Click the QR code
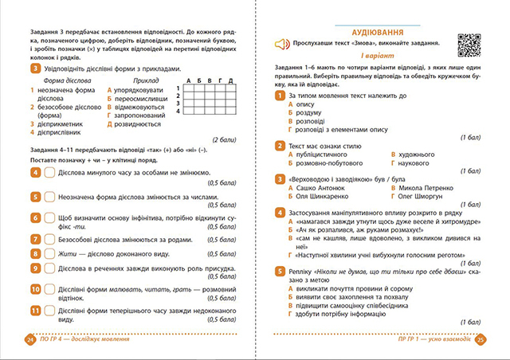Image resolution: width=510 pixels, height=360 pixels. pyautogui.click(x=469, y=45)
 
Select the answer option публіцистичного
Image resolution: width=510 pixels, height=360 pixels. pyautogui.click(x=323, y=152)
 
